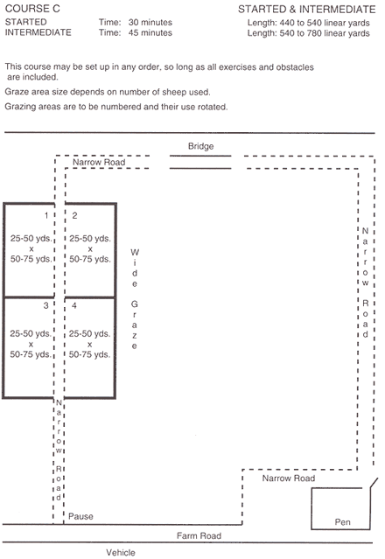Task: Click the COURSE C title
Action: [x=32, y=9]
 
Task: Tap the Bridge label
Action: [x=200, y=146]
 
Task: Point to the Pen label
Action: [x=343, y=522]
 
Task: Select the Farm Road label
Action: [x=199, y=535]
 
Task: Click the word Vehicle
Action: [x=121, y=552]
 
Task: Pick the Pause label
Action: [x=80, y=516]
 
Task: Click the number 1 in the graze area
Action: [x=46, y=215]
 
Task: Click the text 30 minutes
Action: [x=150, y=22]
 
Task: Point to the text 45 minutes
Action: [x=150, y=32]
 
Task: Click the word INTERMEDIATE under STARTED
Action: [x=38, y=32]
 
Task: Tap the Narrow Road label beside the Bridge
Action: [x=99, y=162]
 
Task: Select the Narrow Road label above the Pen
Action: [x=289, y=478]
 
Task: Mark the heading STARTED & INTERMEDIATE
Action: [x=307, y=10]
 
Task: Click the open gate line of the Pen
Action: [x=374, y=483]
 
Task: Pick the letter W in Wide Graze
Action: [x=135, y=253]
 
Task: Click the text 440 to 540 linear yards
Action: [x=325, y=23]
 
